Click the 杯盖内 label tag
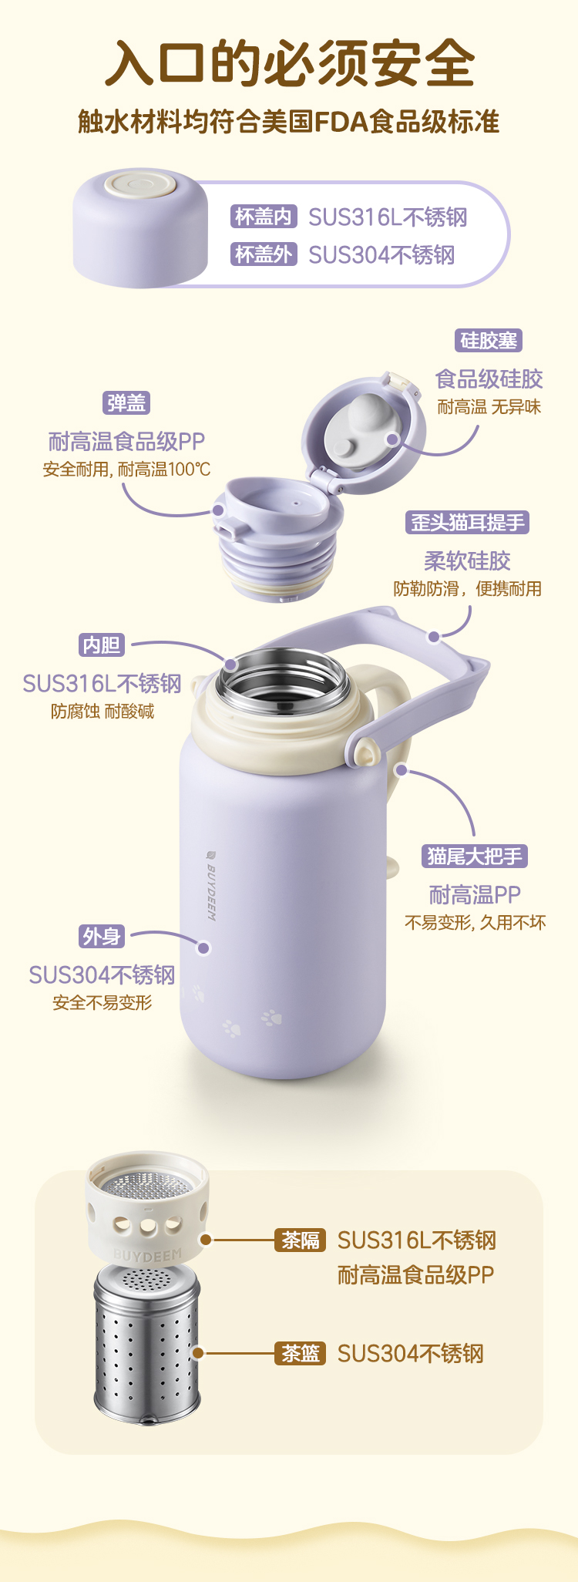pyautogui.click(x=264, y=217)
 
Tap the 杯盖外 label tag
pyautogui.click(x=264, y=254)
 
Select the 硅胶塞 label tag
pyautogui.click(x=489, y=340)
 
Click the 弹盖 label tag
pyautogui.click(x=126, y=402)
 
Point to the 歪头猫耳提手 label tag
pyautogui.click(x=468, y=522)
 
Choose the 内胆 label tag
pyautogui.click(x=102, y=645)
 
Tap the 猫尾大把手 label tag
pyautogui.click(x=475, y=856)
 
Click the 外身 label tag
pyautogui.click(x=102, y=936)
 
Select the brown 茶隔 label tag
pyautogui.click(x=301, y=1240)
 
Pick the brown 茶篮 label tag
pyautogui.click(x=301, y=1353)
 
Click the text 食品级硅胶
pyautogui.click(x=489, y=379)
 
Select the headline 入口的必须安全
pyautogui.click(x=290, y=63)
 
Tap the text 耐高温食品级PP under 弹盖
pyautogui.click(x=126, y=442)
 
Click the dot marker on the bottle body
pyautogui.click(x=203, y=948)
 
